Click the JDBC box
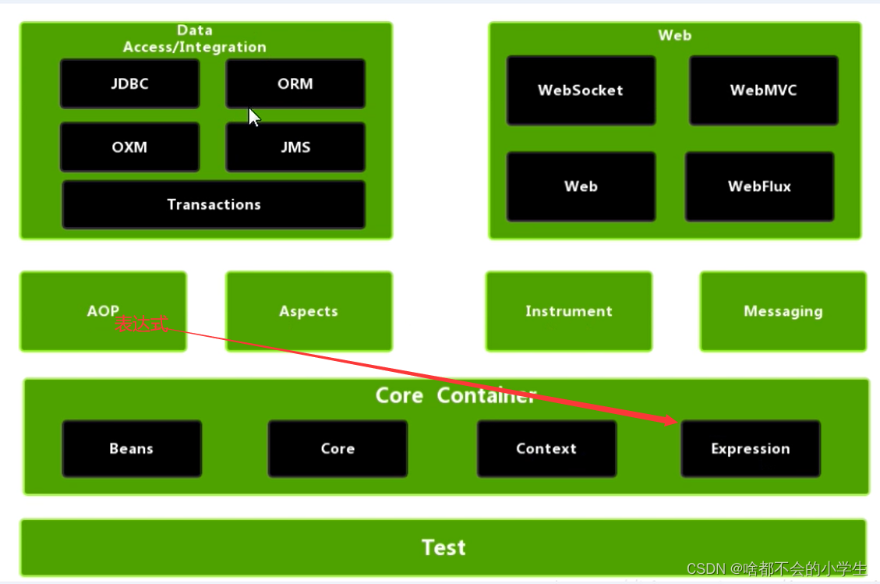129,83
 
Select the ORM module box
295,83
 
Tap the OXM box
129,147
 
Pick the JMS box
295,147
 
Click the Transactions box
214,204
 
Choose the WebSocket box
581,90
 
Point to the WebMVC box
763,90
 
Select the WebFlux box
759,186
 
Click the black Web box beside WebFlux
581,186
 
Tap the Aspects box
309,311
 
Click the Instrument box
568,311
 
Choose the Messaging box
783,311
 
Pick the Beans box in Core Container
131,448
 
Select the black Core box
338,448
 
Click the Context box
546,448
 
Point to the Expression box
750,448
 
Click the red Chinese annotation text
141,324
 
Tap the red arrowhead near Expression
670,421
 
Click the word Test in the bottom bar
444,547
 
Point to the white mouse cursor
253,117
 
